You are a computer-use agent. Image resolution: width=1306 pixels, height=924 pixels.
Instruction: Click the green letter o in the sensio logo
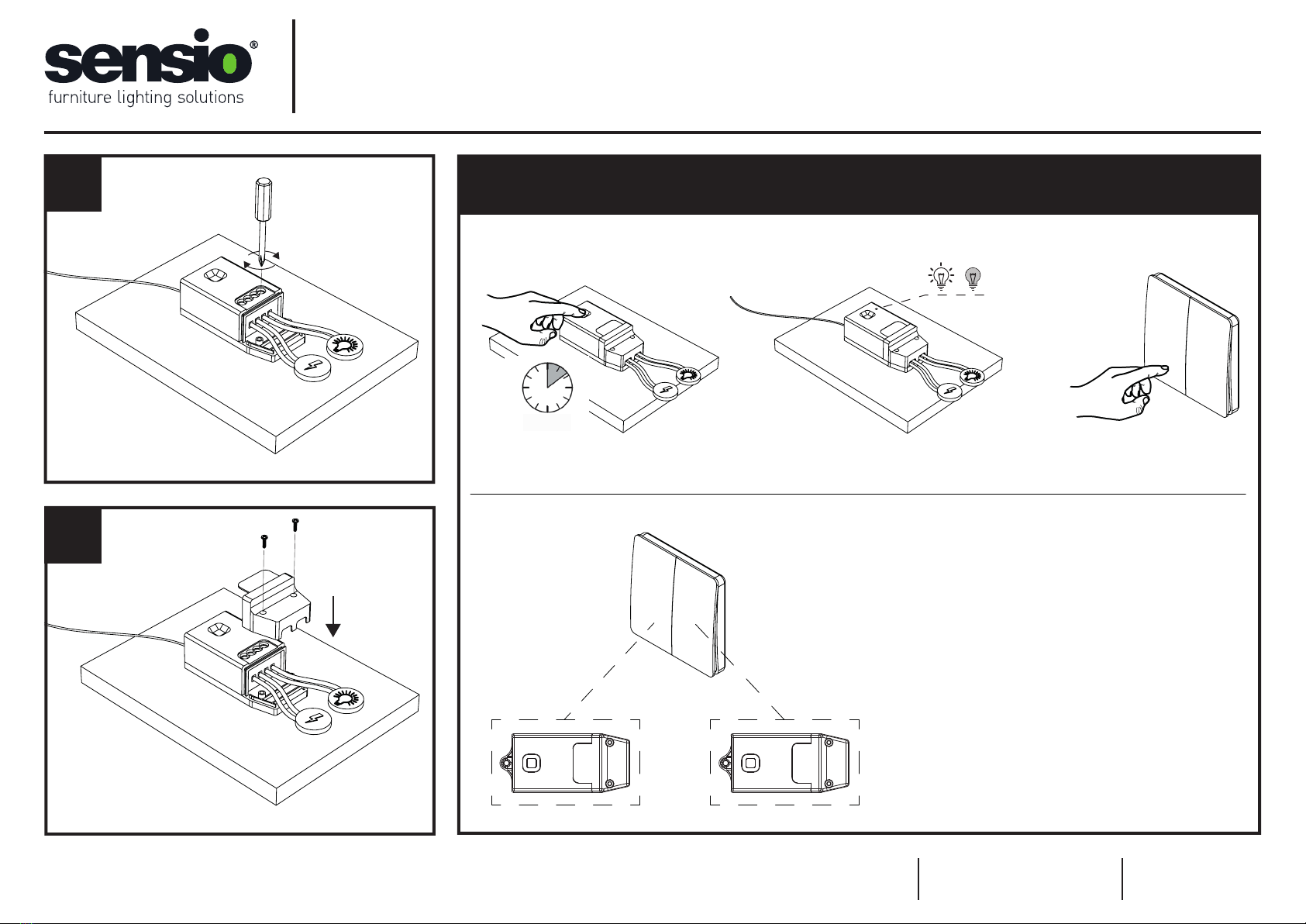coord(229,63)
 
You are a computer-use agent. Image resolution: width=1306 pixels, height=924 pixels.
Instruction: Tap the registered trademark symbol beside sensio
coord(254,46)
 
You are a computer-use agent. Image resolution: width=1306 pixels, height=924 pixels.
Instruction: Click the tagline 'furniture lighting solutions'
coord(146,98)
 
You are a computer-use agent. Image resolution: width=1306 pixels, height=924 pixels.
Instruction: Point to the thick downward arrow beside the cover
coord(333,617)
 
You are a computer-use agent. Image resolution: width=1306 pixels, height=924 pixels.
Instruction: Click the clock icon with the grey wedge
coord(547,386)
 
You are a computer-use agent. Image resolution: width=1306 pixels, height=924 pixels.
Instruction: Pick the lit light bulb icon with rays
coord(942,276)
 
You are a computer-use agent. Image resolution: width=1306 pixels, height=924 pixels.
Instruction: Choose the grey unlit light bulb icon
coord(973,278)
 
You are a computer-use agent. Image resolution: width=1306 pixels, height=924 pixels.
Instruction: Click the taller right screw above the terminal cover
coord(295,524)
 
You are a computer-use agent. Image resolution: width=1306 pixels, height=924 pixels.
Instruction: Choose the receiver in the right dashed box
coord(784,763)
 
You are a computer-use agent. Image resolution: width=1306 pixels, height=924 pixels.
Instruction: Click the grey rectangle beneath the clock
coord(547,422)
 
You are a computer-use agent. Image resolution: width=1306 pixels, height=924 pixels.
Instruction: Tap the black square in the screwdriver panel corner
coord(74,184)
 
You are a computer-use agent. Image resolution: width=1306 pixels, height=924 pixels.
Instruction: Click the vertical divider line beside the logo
coord(295,66)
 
